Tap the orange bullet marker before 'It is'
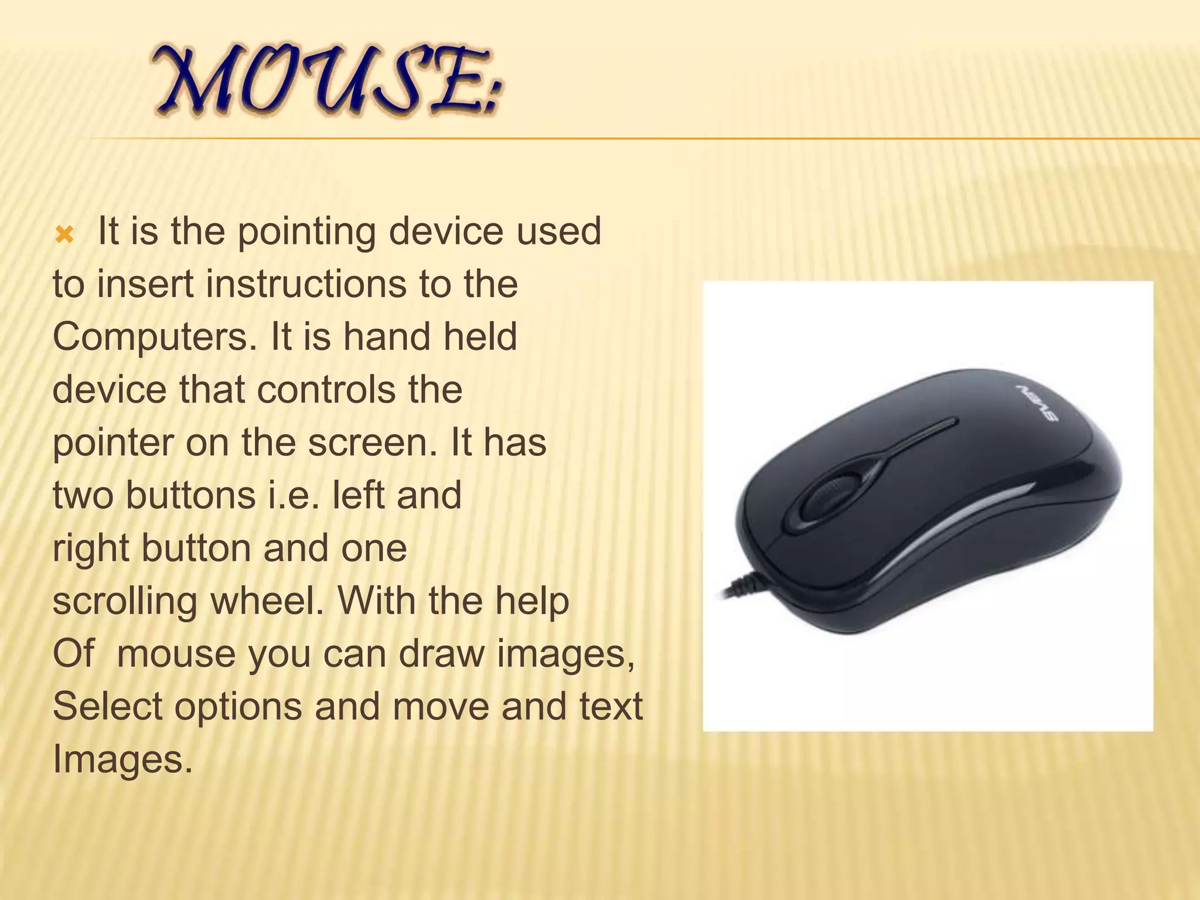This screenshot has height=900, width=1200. (64, 236)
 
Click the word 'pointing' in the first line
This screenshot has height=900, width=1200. (306, 232)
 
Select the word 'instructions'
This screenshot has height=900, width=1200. (308, 284)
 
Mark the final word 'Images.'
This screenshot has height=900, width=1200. (122, 759)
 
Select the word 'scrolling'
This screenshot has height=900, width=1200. (125, 602)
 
